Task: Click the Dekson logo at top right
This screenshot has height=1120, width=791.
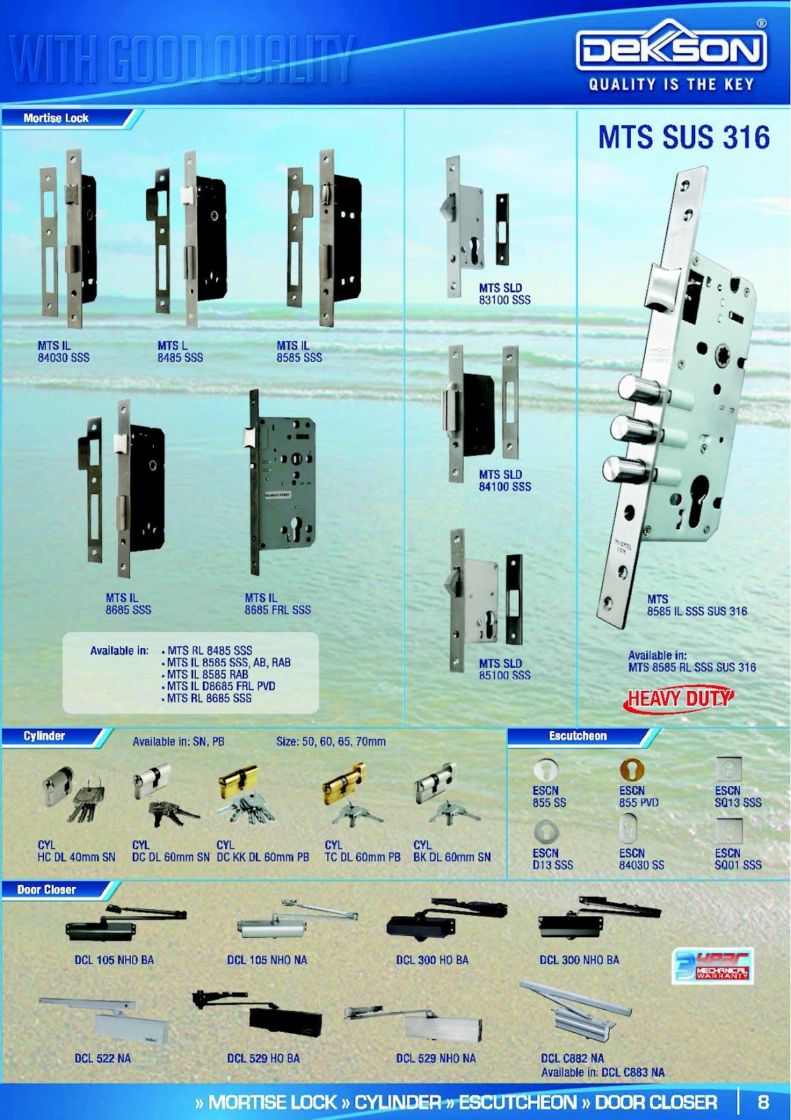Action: (x=671, y=48)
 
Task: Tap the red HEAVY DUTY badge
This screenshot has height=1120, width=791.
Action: (x=678, y=699)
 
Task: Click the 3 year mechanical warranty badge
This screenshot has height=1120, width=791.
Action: (x=712, y=966)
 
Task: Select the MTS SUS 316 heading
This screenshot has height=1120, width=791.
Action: (x=683, y=137)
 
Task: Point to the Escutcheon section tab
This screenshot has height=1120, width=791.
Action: (x=578, y=736)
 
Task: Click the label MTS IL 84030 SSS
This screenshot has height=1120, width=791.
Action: (x=63, y=351)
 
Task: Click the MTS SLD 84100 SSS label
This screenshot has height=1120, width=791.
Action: (x=504, y=480)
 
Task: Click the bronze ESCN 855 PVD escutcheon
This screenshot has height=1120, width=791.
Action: (x=632, y=769)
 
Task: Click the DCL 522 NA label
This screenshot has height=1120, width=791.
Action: (x=103, y=1058)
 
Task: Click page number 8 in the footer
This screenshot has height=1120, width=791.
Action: (x=763, y=1102)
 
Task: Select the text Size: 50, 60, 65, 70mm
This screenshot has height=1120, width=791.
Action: (x=331, y=741)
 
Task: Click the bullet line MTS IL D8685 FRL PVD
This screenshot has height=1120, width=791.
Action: (x=221, y=686)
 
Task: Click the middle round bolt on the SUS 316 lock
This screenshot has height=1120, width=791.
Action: (x=630, y=428)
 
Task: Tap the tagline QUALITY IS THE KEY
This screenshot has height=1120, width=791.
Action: (x=671, y=85)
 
